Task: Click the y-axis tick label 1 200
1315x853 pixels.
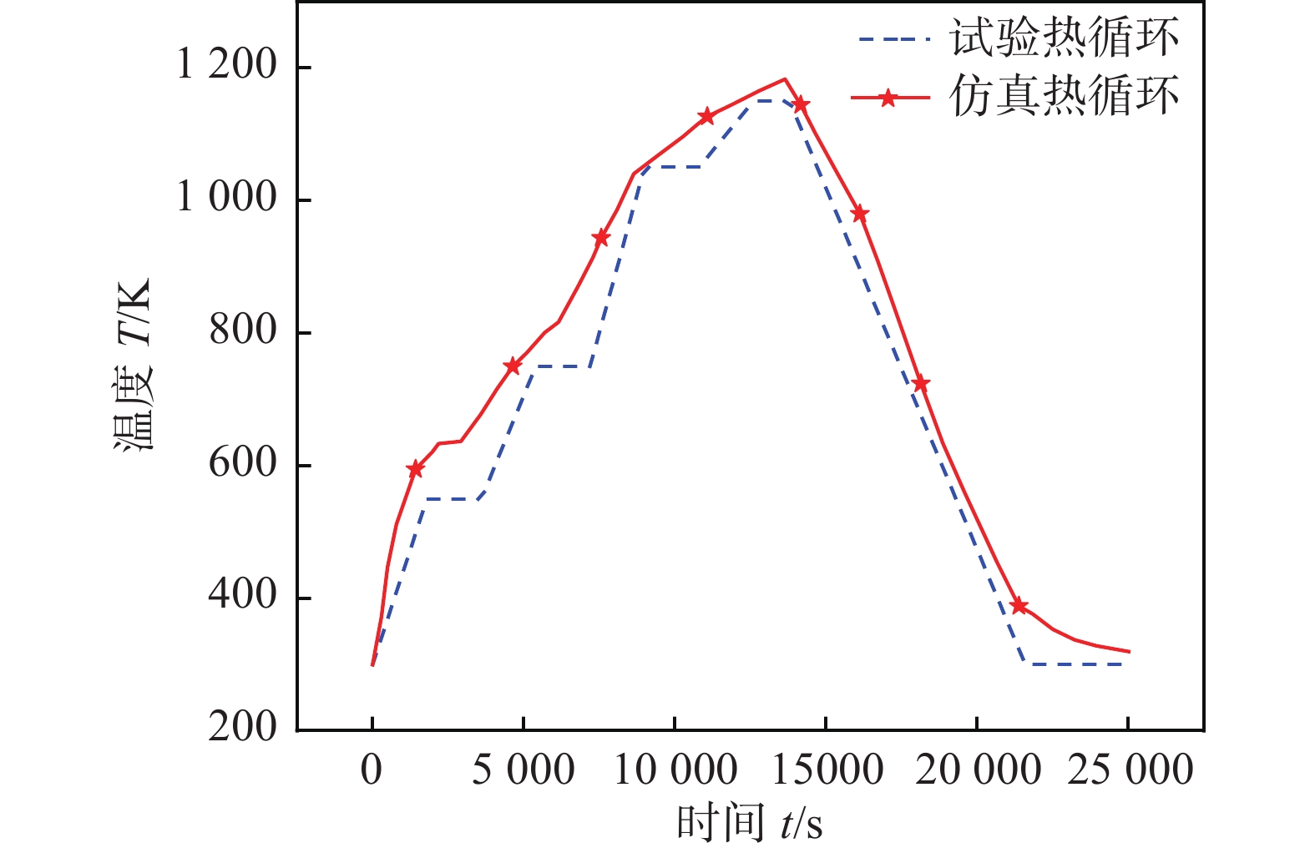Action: pos(226,64)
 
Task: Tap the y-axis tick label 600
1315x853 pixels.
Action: pos(242,462)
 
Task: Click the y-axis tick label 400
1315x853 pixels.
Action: pos(242,594)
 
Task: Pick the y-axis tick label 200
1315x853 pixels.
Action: pos(242,727)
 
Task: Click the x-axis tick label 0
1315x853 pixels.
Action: pos(372,770)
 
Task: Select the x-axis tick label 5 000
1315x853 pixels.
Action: pos(523,770)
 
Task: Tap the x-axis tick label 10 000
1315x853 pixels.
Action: pos(675,770)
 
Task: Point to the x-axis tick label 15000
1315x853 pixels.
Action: pos(827,770)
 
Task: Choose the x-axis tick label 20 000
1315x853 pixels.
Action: pos(978,770)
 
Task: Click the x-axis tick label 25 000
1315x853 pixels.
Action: pos(1130,770)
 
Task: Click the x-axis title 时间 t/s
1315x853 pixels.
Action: pos(749,824)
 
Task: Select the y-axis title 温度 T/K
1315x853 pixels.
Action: pos(134,365)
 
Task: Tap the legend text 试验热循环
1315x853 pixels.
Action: pos(1065,38)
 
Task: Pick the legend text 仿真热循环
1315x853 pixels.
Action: pos(1065,96)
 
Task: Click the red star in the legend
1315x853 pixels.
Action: pos(888,98)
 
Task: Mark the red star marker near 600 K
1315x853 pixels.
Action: pos(415,469)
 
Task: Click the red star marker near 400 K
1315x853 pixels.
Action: pos(1018,606)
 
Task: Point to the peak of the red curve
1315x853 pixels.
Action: pos(785,79)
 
